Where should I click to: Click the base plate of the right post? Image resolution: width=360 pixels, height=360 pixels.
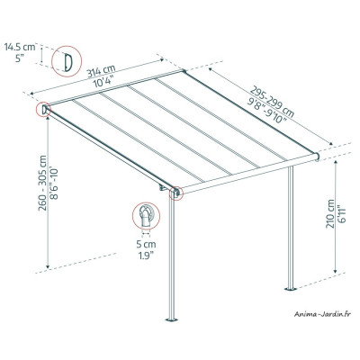(291, 289)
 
